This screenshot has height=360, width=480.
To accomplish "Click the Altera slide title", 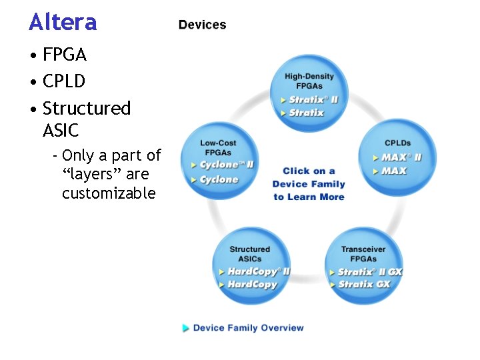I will click(x=63, y=23).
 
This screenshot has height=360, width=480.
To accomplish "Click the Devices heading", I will click(x=202, y=25).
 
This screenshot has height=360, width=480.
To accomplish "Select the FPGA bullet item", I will click(x=65, y=54).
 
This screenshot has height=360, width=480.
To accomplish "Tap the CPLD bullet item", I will click(x=64, y=81).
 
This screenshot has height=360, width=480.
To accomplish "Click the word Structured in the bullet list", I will click(x=87, y=108).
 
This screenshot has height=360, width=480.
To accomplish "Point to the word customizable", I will click(x=109, y=193).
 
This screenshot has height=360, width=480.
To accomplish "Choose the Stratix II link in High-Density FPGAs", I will click(x=313, y=100).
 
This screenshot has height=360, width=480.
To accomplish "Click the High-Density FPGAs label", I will click(x=309, y=81).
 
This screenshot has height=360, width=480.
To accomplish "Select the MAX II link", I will click(x=401, y=158).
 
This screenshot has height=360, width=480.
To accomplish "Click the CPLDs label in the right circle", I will click(x=397, y=143).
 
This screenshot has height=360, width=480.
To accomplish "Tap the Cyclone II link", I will click(x=227, y=165).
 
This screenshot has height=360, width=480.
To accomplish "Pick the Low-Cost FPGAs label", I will click(x=218, y=147).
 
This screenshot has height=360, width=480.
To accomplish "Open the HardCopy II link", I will click(x=259, y=271).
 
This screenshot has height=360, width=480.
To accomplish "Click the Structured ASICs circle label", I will click(x=249, y=254).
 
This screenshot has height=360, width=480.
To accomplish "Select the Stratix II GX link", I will click(x=369, y=271).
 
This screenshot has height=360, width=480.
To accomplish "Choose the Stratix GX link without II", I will click(x=364, y=284).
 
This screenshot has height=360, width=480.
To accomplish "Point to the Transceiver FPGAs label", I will click(x=363, y=254).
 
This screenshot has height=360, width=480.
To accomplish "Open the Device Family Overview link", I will click(x=248, y=328).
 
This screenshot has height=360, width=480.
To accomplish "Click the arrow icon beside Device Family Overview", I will click(x=185, y=328).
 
